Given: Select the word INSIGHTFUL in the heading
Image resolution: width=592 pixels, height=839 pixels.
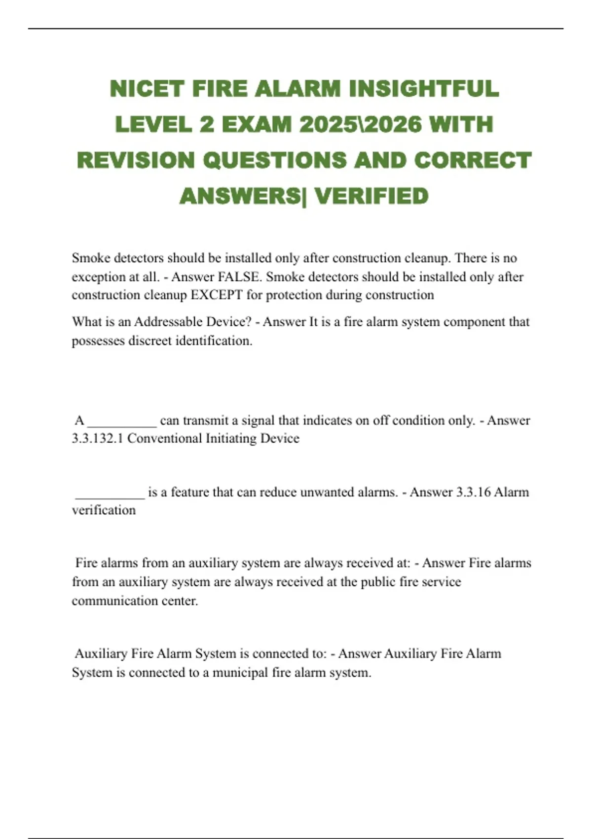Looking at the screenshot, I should click(x=424, y=89).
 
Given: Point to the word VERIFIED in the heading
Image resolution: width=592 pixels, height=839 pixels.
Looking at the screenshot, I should click(x=371, y=196).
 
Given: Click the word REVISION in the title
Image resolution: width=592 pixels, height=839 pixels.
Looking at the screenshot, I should click(x=136, y=161).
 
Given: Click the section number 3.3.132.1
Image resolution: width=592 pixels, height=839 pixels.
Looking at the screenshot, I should click(x=97, y=439).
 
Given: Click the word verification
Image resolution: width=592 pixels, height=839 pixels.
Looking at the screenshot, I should click(x=104, y=510).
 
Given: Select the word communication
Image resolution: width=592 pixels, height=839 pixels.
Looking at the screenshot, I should click(x=115, y=601).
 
